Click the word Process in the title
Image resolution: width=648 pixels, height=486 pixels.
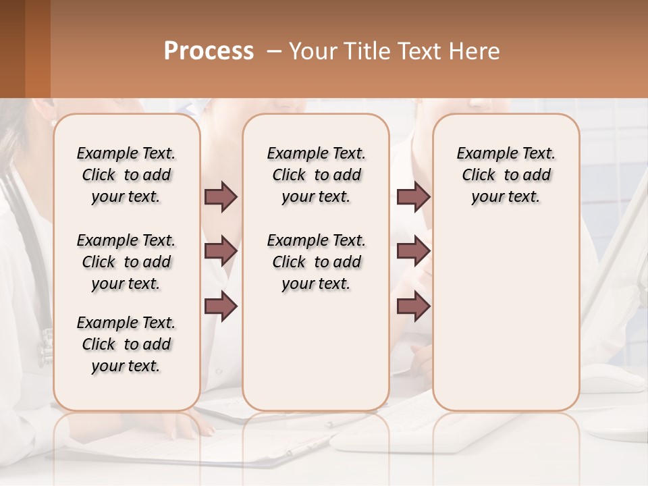(x=209, y=51)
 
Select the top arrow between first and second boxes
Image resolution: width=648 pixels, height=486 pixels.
(x=221, y=197)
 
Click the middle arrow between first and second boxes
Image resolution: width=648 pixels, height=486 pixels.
(x=221, y=252)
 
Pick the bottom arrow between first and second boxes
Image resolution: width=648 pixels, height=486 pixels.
(x=221, y=306)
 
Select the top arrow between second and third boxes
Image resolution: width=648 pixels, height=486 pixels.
(x=413, y=197)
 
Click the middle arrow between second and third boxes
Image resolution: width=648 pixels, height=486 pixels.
(x=413, y=252)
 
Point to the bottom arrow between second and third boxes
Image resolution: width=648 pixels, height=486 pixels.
(x=413, y=306)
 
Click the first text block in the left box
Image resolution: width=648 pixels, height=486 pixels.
(x=126, y=175)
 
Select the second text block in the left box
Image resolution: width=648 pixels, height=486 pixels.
(x=126, y=262)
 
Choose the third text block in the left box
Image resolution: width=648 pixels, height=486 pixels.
(x=126, y=344)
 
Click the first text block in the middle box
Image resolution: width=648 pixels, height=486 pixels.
(x=316, y=175)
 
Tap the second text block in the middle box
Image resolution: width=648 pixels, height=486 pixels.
(x=316, y=262)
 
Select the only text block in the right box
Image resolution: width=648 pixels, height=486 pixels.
(x=506, y=175)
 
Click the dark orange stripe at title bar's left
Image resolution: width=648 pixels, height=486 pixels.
(x=37, y=49)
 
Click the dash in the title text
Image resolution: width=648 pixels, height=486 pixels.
(x=274, y=52)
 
